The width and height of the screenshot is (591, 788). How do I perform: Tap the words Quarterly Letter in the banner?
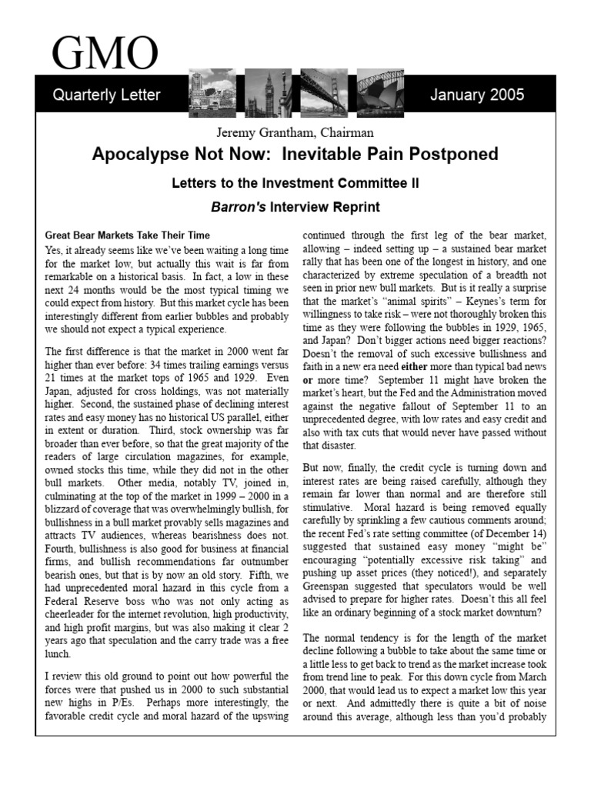pos(106,95)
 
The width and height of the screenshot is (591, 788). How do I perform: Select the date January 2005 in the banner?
pos(477,95)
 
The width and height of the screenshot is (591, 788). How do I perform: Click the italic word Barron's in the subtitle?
pos(237,207)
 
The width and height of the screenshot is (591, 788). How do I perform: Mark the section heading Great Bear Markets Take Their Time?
pos(127,235)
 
